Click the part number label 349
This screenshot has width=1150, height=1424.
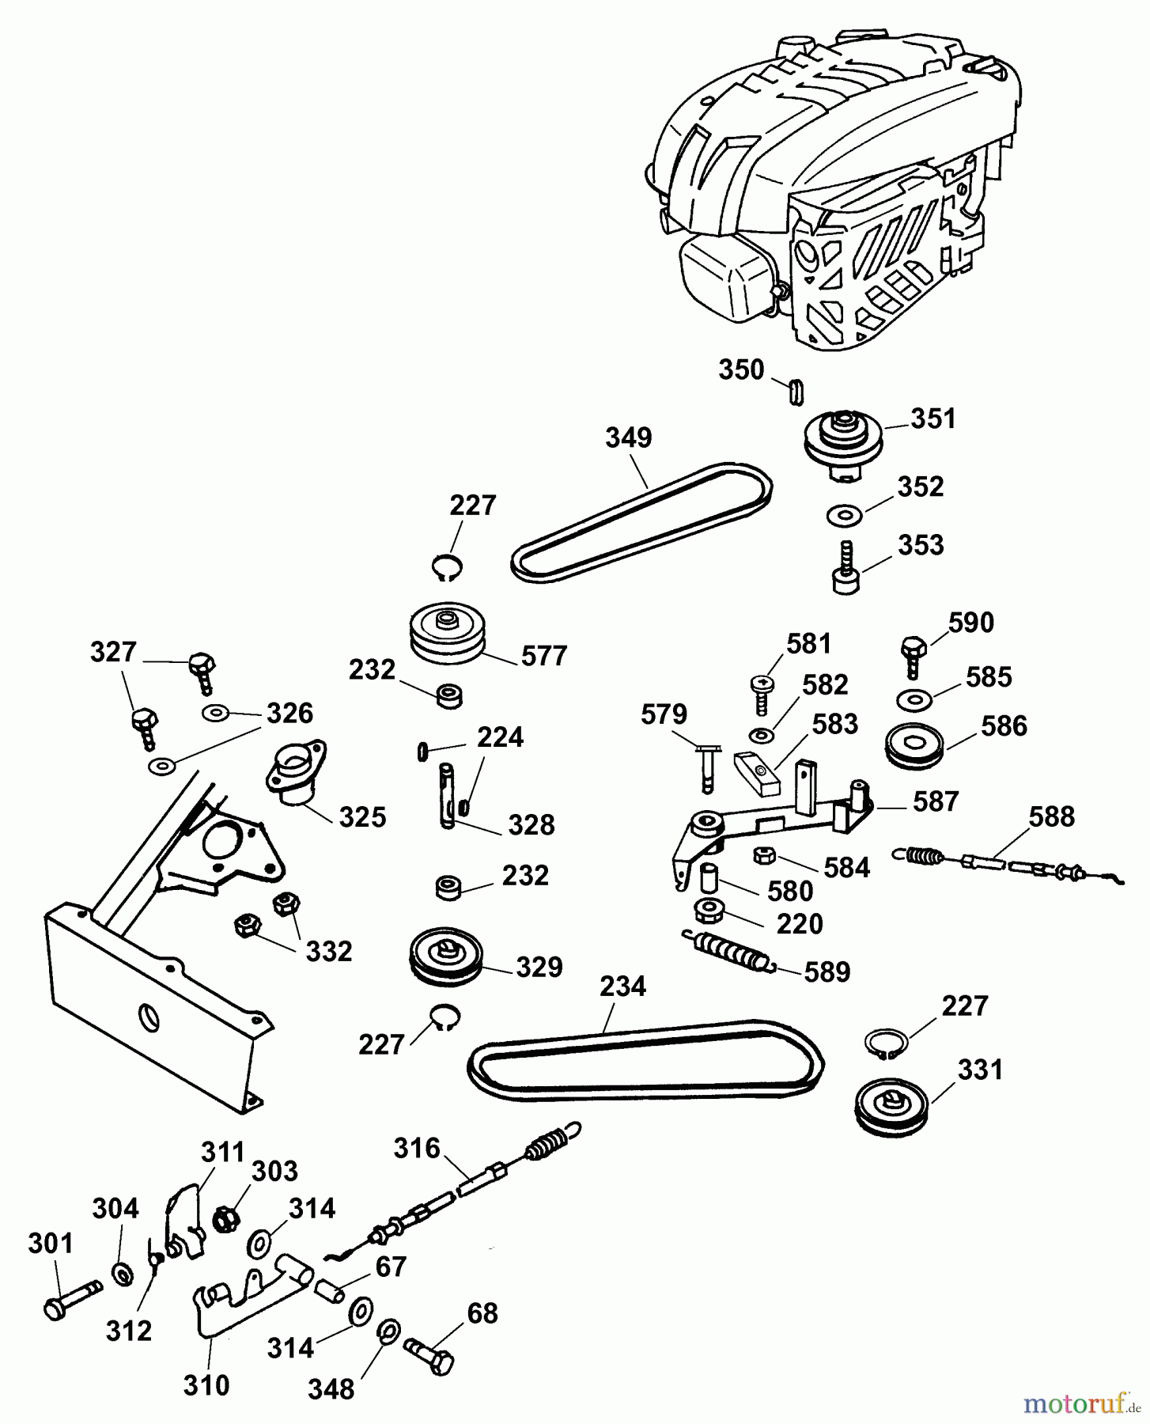click(x=629, y=437)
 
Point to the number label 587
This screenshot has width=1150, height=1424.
click(x=936, y=801)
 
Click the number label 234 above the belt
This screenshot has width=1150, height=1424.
click(x=622, y=987)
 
